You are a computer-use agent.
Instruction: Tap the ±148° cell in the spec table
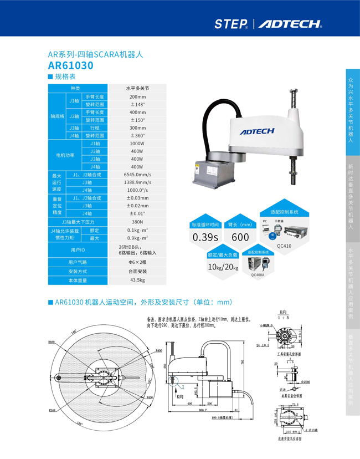tap(137, 104)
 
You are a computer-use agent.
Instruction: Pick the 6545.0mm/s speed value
tap(137, 174)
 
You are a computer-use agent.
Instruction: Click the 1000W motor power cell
tap(137, 143)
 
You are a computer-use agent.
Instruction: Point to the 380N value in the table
tap(137, 221)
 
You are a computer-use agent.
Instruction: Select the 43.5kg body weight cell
tap(137, 280)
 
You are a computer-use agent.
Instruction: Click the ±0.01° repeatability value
tap(137, 213)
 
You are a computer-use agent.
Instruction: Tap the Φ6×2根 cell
tap(137, 262)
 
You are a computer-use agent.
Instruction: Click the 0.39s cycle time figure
tap(205, 237)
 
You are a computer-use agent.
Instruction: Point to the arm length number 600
tap(240, 237)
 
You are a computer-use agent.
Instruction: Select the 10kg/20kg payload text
tap(223, 267)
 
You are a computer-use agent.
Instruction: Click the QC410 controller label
tap(284, 246)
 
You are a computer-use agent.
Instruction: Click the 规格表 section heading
tap(65, 76)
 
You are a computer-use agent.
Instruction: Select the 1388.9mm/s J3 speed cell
tap(137, 182)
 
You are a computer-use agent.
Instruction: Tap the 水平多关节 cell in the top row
tap(137, 88)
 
